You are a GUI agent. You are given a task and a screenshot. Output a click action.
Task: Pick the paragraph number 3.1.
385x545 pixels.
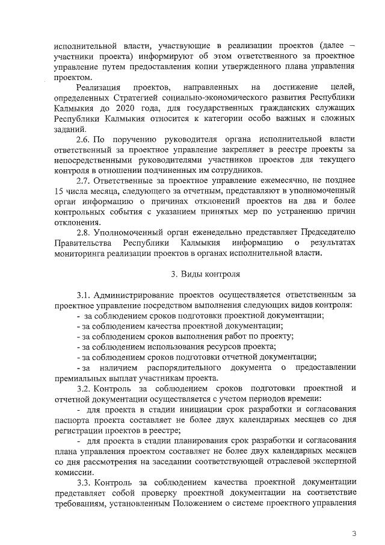point(85,295)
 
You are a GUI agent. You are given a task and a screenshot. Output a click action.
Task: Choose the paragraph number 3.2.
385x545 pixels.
point(85,388)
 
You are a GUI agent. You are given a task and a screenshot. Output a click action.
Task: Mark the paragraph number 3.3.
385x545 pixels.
point(85,482)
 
